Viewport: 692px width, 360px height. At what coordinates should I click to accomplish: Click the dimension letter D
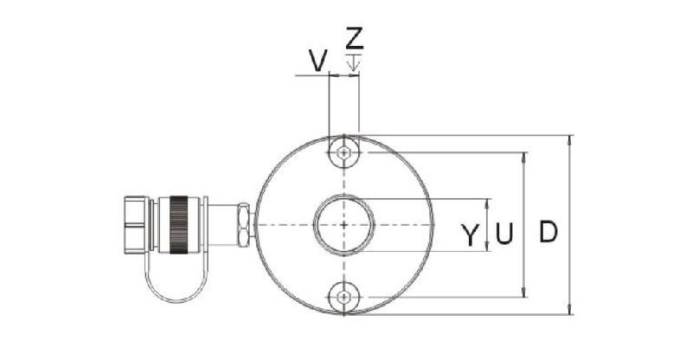tap(548, 233)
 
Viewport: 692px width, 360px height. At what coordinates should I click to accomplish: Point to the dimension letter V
tap(317, 60)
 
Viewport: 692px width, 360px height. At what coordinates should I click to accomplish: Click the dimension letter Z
tap(354, 38)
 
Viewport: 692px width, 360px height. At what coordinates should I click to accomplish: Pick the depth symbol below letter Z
tap(353, 61)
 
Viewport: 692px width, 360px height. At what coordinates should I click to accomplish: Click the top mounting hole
tap(344, 152)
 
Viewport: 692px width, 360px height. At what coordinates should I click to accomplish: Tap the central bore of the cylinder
tap(344, 225)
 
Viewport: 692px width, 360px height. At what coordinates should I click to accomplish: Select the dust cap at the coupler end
tap(137, 225)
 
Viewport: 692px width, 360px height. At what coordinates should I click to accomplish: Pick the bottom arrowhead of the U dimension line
tap(526, 294)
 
